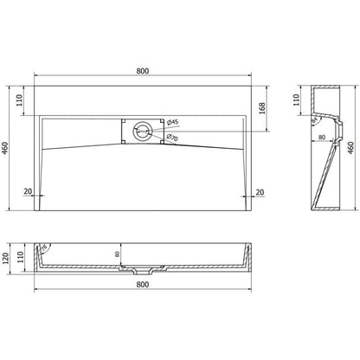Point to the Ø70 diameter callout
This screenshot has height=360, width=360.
click(171, 138)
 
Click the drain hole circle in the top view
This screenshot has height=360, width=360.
click(142, 130)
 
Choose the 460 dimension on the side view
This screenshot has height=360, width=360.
click(351, 148)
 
